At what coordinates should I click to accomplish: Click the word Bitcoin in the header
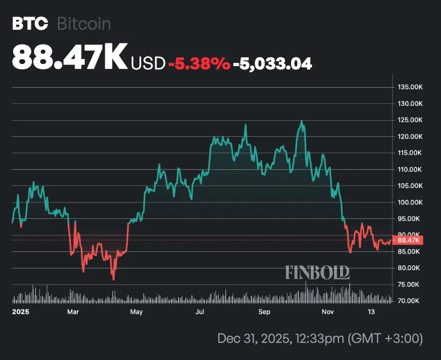[83, 24]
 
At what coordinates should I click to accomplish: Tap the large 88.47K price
[69, 57]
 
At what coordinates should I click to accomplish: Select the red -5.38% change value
[199, 64]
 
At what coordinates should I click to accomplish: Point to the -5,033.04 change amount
[272, 64]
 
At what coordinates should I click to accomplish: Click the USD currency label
[148, 64]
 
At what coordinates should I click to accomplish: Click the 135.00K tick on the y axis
[410, 87]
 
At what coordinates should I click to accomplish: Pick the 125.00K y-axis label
[410, 120]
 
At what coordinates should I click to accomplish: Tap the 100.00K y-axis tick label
[410, 202]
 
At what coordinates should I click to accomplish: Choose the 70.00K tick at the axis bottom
[410, 301]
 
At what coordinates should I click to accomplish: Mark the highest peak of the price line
[302, 121]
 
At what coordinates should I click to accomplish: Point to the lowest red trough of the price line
[114, 280]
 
